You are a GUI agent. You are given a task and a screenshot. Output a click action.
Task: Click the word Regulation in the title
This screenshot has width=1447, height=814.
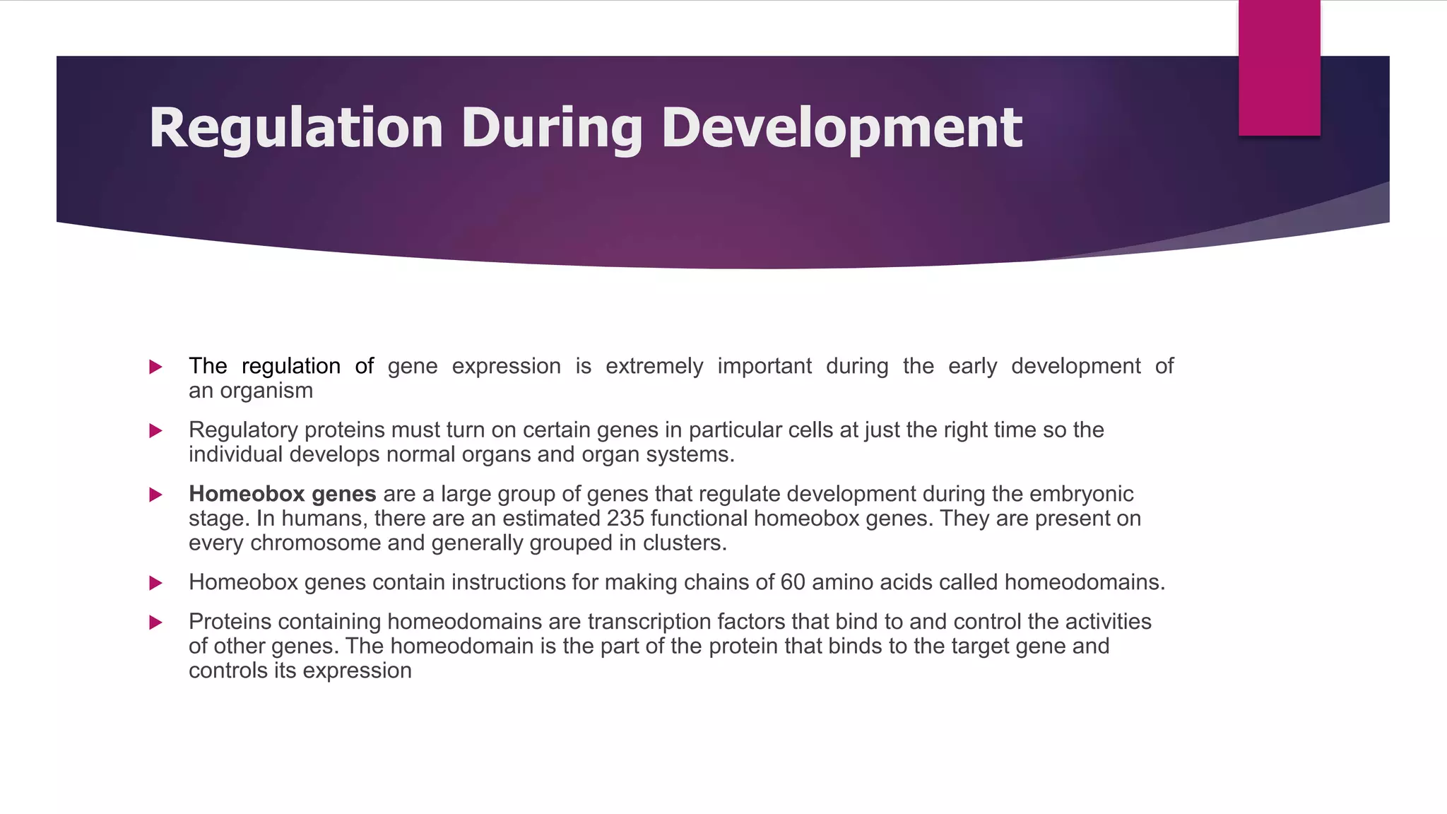(295, 128)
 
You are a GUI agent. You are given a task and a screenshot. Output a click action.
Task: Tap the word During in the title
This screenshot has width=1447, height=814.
(552, 128)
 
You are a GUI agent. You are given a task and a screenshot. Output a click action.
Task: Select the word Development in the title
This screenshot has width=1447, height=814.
(841, 128)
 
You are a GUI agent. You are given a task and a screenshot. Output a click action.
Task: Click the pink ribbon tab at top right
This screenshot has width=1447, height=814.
(1279, 68)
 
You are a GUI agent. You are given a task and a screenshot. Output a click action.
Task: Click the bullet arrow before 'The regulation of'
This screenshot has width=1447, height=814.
(156, 367)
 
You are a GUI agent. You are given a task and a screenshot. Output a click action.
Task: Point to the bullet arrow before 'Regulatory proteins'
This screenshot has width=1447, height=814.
(156, 430)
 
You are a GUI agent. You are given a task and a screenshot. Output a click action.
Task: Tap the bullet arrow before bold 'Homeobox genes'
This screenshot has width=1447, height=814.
(156, 495)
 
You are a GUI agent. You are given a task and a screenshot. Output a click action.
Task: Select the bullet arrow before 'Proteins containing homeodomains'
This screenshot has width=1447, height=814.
(156, 623)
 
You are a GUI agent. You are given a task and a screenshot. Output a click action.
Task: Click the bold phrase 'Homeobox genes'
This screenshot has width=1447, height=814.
(282, 494)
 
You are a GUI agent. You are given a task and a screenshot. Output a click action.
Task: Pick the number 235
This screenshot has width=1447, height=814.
(625, 519)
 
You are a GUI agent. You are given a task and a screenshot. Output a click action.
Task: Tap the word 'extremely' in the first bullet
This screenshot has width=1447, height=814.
(654, 366)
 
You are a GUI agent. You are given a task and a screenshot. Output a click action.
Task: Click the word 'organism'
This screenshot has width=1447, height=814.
(266, 391)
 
